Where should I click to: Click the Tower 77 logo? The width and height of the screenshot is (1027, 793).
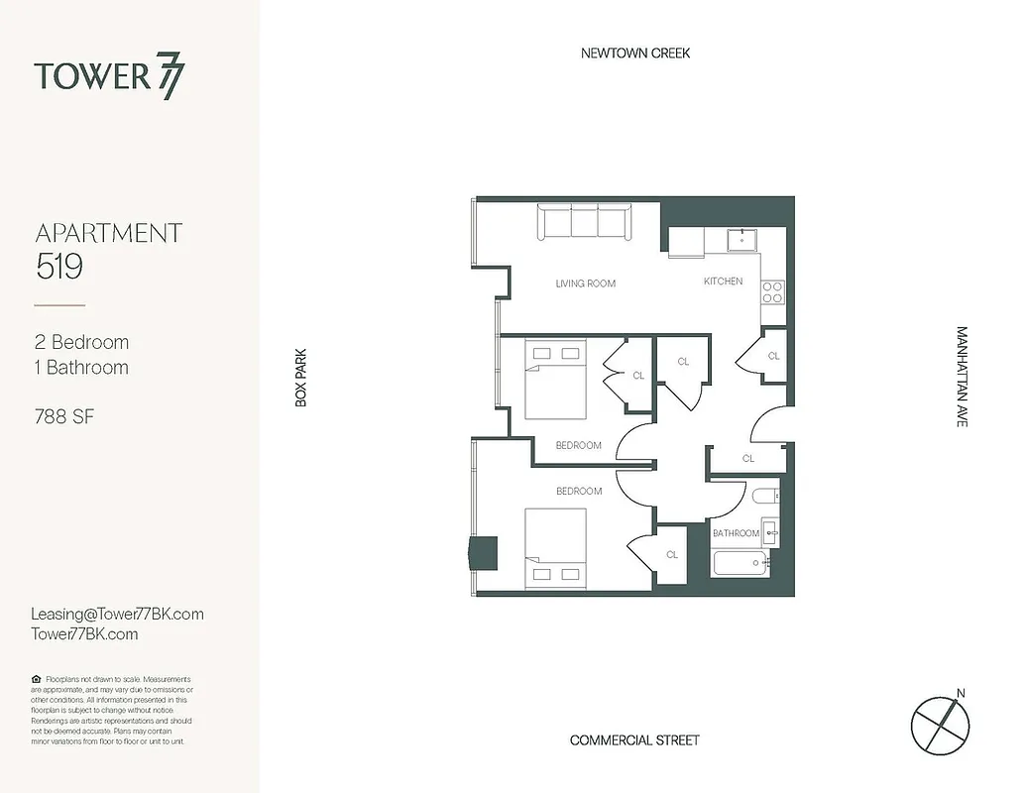point(109,77)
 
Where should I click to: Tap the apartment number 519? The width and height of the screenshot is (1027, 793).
point(58,266)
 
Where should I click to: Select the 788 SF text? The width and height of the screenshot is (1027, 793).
point(64,416)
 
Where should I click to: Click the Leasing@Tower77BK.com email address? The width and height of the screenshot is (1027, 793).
point(118,614)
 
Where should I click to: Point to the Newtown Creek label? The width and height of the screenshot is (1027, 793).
point(635,53)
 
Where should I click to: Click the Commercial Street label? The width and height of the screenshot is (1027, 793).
point(634,740)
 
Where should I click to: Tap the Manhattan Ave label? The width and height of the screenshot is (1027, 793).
point(962,377)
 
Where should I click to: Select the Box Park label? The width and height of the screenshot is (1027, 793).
point(301,377)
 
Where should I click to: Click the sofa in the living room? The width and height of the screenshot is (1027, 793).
point(586,222)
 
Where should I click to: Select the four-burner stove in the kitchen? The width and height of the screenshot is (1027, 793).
point(772,291)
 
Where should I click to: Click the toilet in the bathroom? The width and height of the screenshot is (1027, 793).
point(764,496)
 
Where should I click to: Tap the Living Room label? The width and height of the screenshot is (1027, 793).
point(585,283)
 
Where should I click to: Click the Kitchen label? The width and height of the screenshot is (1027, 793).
point(723,282)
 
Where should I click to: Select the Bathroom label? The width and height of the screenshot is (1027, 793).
point(736,533)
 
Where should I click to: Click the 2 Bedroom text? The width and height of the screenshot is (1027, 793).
point(81,342)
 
